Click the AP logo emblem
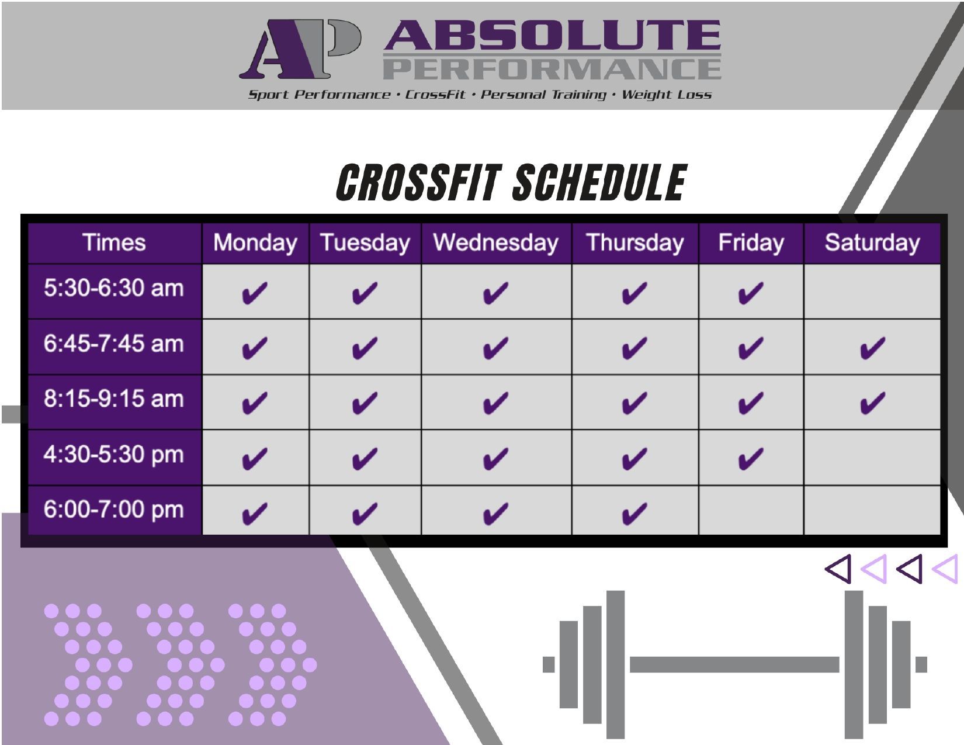pyautogui.click(x=300, y=49)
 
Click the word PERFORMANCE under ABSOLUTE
pyautogui.click(x=552, y=69)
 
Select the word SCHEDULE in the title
pyautogui.click(x=600, y=182)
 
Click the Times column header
pyautogui.click(x=114, y=242)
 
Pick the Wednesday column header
pyautogui.click(x=496, y=242)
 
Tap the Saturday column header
pyautogui.click(x=872, y=242)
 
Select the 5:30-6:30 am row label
pyautogui.click(x=113, y=288)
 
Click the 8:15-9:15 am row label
pyautogui.click(x=113, y=399)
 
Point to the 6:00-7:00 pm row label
pyautogui.click(x=113, y=510)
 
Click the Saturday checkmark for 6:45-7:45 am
pyautogui.click(x=873, y=348)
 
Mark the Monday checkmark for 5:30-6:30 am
pyautogui.click(x=255, y=293)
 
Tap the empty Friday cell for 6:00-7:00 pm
pyautogui.click(x=751, y=510)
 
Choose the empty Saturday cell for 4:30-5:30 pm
pyautogui.click(x=872, y=458)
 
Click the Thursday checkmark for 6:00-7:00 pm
pyautogui.click(x=635, y=514)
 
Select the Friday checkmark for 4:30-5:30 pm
pyautogui.click(x=751, y=458)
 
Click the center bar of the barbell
pyautogui.click(x=734, y=664)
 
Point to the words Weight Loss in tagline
pyautogui.click(x=666, y=95)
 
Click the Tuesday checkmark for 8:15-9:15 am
pyautogui.click(x=365, y=403)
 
